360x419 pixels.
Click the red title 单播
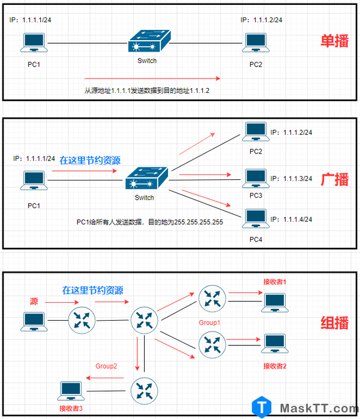click(x=334, y=41)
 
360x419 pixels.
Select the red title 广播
click(x=334, y=179)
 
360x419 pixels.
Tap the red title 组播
click(x=334, y=322)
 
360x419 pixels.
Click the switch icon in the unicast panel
click(x=149, y=41)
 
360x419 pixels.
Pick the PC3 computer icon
click(x=256, y=179)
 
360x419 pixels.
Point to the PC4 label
click(x=256, y=239)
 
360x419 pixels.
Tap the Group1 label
click(x=209, y=322)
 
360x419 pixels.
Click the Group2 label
click(x=106, y=366)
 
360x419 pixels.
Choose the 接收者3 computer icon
click(x=71, y=391)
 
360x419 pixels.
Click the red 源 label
click(x=34, y=302)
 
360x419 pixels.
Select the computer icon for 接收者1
click(x=275, y=303)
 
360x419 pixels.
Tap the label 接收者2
click(x=275, y=366)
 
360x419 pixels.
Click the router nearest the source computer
click(x=82, y=320)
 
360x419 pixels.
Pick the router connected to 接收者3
click(x=144, y=391)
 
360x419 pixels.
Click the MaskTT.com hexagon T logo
click(x=262, y=407)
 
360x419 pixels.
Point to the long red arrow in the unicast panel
click(x=152, y=79)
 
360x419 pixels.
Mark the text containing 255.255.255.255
click(x=150, y=222)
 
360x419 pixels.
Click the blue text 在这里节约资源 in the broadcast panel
click(x=90, y=160)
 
